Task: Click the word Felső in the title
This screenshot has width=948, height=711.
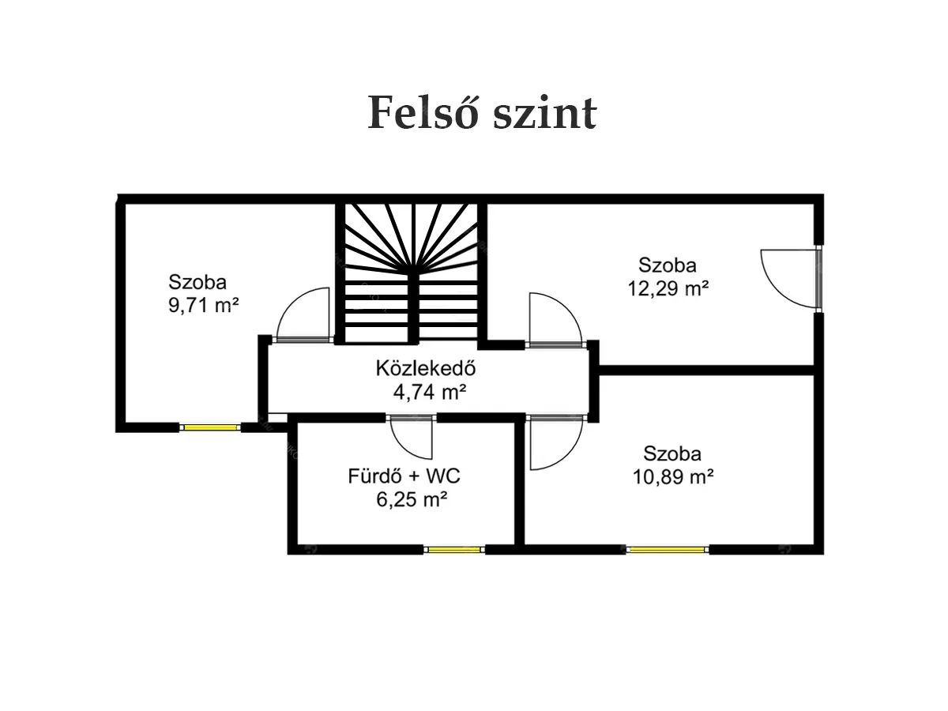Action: pos(423,112)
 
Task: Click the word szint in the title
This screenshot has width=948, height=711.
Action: pos(545,113)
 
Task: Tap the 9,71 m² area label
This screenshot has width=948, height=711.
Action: pos(203,306)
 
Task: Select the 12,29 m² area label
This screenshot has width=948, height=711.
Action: pos(668,289)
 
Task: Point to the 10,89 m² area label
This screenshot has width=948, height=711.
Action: pos(673,477)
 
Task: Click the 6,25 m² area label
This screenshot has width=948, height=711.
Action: pos(412,500)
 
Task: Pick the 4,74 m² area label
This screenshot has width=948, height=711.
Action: pos(429,392)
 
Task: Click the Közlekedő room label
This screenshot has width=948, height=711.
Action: pos(426,368)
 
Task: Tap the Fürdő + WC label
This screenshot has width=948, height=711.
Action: pos(404,476)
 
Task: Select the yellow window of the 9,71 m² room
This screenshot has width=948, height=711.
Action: pos(210,427)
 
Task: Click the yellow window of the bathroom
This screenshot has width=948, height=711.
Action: pos(454,550)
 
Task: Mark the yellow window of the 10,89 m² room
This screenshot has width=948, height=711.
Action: pos(668,550)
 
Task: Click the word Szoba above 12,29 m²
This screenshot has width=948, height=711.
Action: pos(668,265)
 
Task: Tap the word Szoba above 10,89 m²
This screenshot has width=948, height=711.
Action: pos(672,453)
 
